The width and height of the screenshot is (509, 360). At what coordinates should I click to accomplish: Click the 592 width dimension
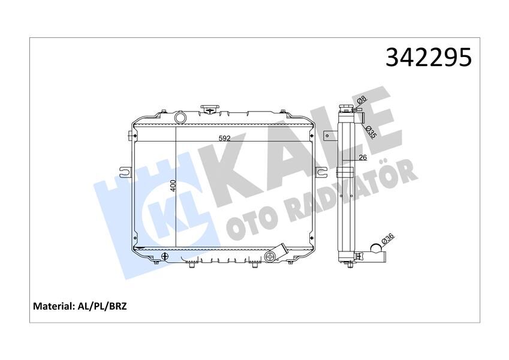tap(224, 139)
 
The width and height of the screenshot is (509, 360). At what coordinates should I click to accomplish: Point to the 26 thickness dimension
tap(362, 159)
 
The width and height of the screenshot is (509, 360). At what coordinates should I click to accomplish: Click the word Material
tap(52, 306)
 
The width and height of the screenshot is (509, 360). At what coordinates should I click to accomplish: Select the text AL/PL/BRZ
tap(102, 306)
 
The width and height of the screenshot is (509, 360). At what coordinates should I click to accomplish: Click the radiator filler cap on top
tap(210, 110)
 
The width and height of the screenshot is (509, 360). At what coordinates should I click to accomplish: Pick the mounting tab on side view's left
tap(330, 134)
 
